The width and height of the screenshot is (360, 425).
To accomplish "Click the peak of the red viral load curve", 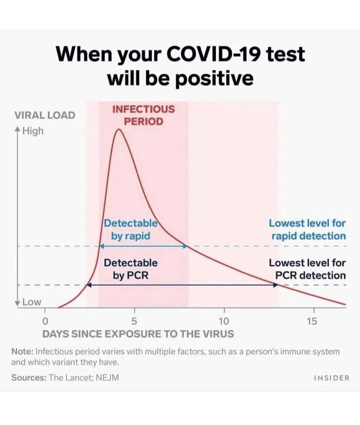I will (x=118, y=129).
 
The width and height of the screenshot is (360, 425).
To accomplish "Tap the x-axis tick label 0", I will (x=45, y=322).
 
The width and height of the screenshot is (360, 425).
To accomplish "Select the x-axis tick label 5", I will (x=134, y=322).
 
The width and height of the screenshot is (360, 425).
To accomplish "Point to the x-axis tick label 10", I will (x=224, y=322).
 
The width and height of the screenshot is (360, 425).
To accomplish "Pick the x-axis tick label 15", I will (x=312, y=322).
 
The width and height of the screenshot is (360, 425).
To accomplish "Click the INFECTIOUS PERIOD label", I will (x=143, y=115).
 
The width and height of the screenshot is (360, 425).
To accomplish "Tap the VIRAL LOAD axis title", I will (x=45, y=115).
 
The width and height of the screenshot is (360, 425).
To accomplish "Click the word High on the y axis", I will (x=33, y=131).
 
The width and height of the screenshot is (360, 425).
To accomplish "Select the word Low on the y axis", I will (x=31, y=302).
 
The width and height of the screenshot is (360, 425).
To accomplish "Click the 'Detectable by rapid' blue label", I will (x=130, y=230).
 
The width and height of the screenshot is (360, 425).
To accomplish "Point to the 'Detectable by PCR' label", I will (x=130, y=269).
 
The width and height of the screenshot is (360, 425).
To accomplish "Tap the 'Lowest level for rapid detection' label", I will (x=307, y=230).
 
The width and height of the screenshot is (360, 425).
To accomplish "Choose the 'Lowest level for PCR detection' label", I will (x=307, y=269).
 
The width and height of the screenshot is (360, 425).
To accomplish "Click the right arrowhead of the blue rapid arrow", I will (x=186, y=246).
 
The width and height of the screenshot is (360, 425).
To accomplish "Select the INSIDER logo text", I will (x=331, y=378).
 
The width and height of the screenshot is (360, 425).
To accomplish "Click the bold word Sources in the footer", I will (x=29, y=378).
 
